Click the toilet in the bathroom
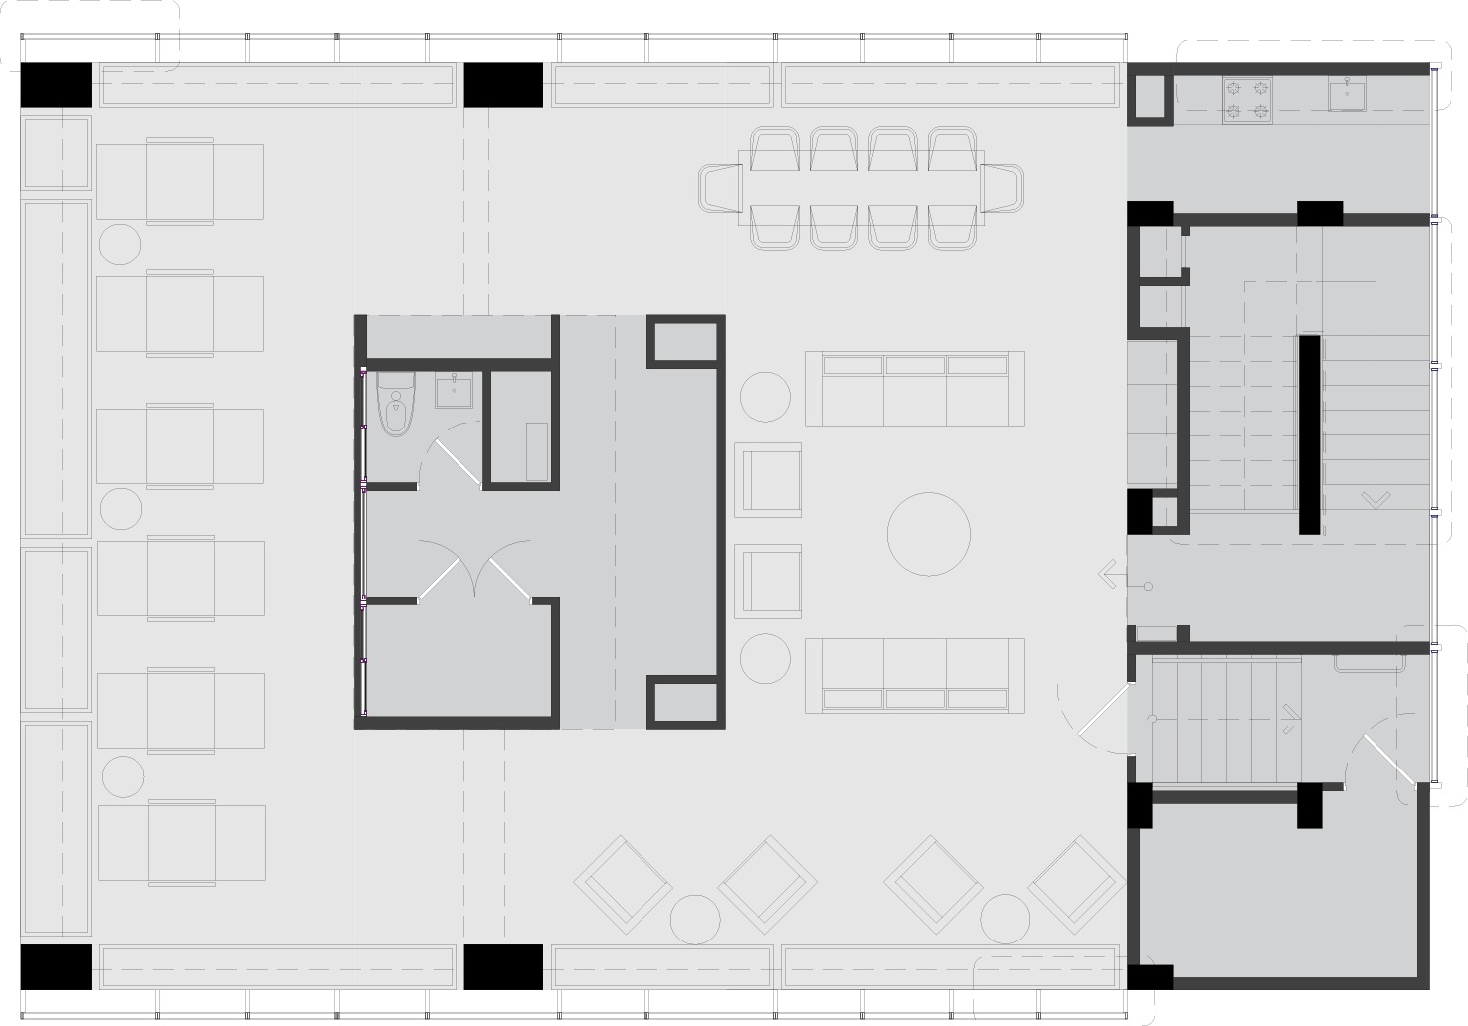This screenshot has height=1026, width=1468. [x=396, y=406]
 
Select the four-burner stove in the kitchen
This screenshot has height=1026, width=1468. [x=1247, y=99]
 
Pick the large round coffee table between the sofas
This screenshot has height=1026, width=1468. [x=928, y=534]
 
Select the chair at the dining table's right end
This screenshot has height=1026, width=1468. [x=1003, y=188]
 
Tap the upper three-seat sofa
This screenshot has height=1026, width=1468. [x=914, y=388]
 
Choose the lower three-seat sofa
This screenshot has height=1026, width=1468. [x=914, y=676]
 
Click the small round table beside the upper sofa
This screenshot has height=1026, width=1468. [x=765, y=396]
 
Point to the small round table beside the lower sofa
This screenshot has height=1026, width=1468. [x=765, y=658]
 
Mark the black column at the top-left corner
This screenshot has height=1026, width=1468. [x=56, y=85]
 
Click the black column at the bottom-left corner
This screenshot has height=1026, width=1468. [x=56, y=966]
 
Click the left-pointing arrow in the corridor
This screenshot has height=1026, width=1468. [x=1109, y=575]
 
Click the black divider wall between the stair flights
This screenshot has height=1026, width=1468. [x=1310, y=434]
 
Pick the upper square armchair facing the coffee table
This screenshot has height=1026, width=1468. [x=768, y=480]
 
